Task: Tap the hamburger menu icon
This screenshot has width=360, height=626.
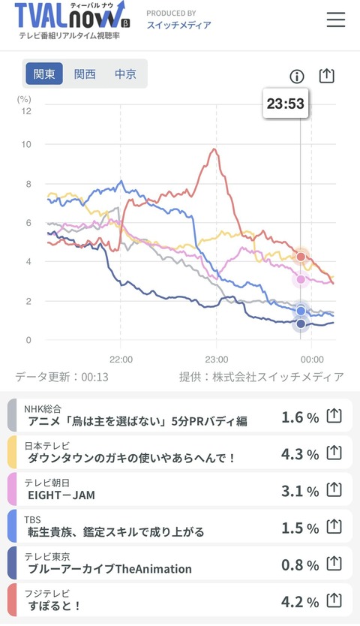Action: [336, 20]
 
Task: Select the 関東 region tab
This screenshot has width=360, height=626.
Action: [44, 74]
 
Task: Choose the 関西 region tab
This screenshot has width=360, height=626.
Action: [85, 74]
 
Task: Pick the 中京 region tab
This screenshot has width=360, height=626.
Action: [125, 74]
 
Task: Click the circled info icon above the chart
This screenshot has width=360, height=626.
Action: [296, 77]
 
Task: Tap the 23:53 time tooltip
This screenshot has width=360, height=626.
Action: [286, 104]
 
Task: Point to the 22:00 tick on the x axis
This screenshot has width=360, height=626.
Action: [121, 360]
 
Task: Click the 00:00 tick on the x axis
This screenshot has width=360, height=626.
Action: [312, 360]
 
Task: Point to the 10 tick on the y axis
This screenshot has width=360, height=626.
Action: [26, 144]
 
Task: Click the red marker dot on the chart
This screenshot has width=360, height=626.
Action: [301, 256]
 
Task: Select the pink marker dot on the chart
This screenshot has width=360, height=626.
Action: [301, 279]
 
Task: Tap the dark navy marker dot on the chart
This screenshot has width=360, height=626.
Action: [301, 324]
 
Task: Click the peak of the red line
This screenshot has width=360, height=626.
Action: [214, 149]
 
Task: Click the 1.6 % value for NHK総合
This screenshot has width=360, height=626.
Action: [300, 417]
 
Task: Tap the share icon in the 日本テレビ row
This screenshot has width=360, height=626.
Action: [334, 453]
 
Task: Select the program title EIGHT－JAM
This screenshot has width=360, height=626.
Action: [61, 495]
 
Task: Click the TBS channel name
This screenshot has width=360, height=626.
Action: [32, 519]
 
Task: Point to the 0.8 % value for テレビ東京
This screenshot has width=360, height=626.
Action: [300, 565]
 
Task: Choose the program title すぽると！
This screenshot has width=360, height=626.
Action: [54, 606]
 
